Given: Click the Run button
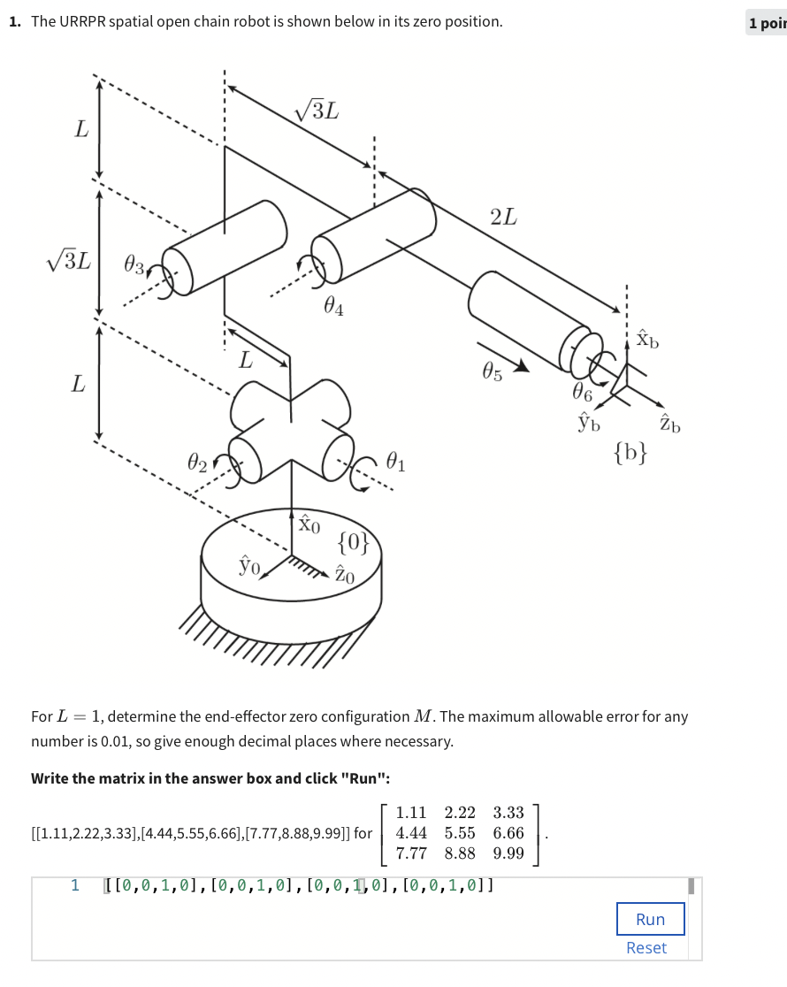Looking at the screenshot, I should coord(650,919).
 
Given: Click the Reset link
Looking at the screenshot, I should coord(646,948).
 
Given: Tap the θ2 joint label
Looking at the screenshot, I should coord(197,462).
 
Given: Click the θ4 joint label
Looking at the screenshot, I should coord(333,307).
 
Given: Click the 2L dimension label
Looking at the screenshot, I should coord(503,217).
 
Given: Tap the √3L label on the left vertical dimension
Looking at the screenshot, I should coord(68,263).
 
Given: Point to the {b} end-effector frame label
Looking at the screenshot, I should coord(630,455).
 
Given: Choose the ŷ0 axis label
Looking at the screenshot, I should coord(248,563).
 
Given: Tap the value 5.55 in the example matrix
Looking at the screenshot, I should coord(460,832).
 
